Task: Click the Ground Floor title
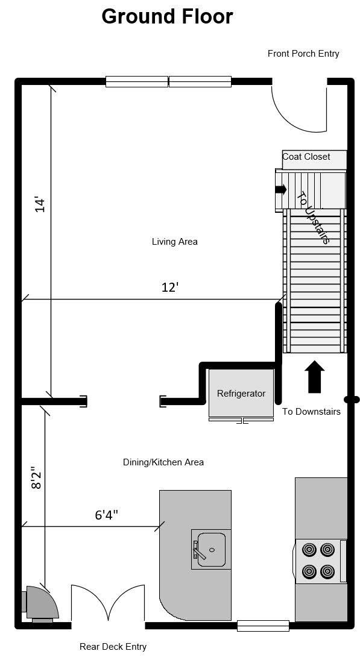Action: pyautogui.click(x=167, y=16)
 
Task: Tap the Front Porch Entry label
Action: pyautogui.click(x=303, y=54)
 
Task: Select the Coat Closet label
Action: pyautogui.click(x=306, y=157)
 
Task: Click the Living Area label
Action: pyautogui.click(x=175, y=242)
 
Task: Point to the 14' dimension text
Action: pyautogui.click(x=40, y=204)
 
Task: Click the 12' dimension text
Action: pyautogui.click(x=170, y=288)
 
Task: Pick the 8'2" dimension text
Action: pyautogui.click(x=36, y=476)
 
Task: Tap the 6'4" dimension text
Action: pyautogui.click(x=106, y=515)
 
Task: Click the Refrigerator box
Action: pyautogui.click(x=241, y=393)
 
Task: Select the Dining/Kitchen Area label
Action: pyautogui.click(x=163, y=462)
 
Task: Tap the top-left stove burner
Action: pyautogui.click(x=309, y=550)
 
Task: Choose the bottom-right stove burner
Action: pyautogui.click(x=327, y=570)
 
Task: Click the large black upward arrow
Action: pyautogui.click(x=315, y=377)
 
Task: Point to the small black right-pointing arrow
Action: pyautogui.click(x=281, y=189)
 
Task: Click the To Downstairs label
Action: pyautogui.click(x=311, y=412)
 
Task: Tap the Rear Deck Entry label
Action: pyautogui.click(x=113, y=647)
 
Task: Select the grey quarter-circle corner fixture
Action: pyautogui.click(x=43, y=603)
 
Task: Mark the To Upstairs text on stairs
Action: pyautogui.click(x=314, y=217)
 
